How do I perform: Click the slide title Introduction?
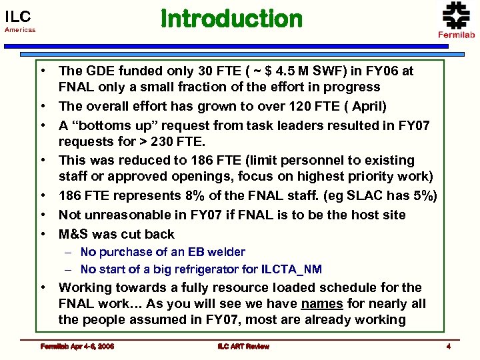click(x=231, y=19)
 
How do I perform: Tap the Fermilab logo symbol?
click(x=456, y=15)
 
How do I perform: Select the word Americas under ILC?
click(x=20, y=30)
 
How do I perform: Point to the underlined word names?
click(x=321, y=303)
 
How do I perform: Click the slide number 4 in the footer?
click(x=449, y=346)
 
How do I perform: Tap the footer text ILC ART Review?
click(x=243, y=346)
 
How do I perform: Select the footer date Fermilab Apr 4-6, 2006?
click(x=76, y=346)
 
